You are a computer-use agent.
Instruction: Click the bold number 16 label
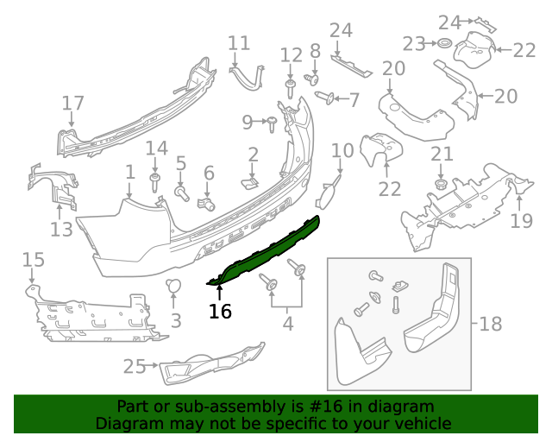220,311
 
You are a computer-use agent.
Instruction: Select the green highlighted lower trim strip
267,250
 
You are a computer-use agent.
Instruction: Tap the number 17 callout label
73,104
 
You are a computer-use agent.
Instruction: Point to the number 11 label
239,43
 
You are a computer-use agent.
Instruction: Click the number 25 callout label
134,367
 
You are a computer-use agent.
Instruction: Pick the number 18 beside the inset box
490,325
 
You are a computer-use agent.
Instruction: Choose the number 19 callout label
521,222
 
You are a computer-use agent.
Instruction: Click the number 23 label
415,43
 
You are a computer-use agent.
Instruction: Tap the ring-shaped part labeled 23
445,44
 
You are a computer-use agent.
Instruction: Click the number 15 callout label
33,259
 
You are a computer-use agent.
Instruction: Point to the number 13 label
61,230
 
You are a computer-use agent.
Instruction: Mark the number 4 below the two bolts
287,325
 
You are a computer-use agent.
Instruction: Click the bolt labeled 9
269,123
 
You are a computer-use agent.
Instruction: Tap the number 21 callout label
442,155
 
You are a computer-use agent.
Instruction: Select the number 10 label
342,151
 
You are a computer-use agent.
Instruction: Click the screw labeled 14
155,182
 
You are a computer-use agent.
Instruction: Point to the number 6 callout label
208,174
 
